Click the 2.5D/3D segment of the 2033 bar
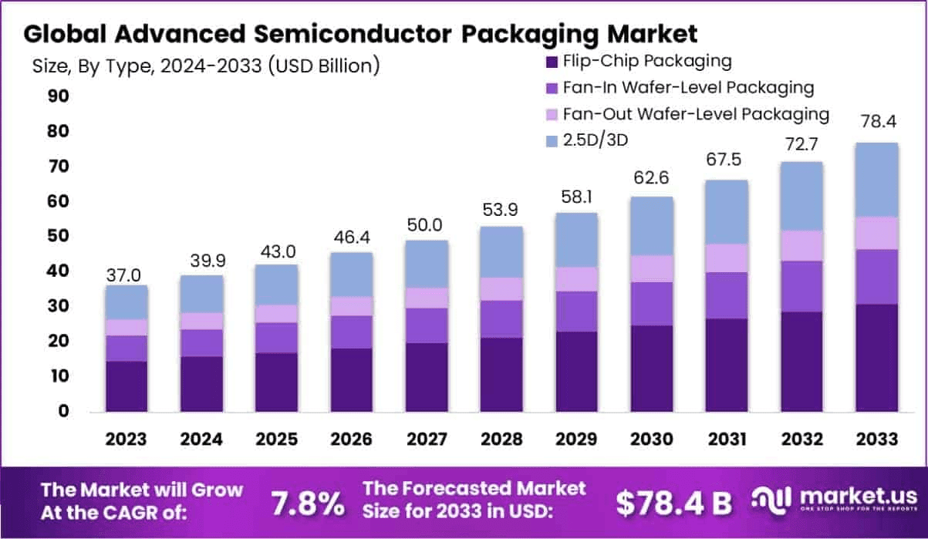[876, 179]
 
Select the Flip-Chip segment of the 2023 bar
[127, 386]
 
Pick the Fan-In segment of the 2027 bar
[427, 325]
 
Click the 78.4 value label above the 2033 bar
[876, 121]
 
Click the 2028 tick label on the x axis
[501, 439]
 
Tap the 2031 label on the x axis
[727, 439]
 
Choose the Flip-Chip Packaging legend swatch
[552, 62]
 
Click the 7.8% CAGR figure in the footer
[308, 504]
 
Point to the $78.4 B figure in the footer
[673, 504]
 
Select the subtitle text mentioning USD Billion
[206, 66]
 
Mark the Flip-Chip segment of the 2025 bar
[276, 382]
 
